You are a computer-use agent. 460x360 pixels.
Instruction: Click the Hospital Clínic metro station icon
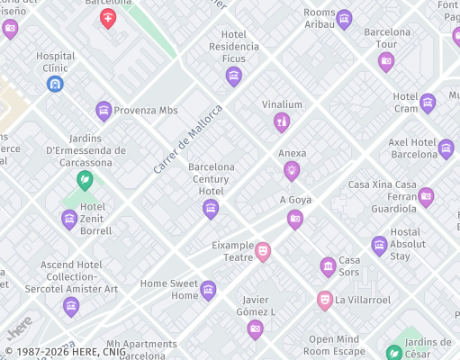tap(55, 84)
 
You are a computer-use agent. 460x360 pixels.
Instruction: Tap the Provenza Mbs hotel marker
tap(104, 111)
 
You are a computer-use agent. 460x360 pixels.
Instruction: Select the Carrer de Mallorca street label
tap(187, 139)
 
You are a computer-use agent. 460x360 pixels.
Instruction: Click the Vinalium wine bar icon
tap(282, 121)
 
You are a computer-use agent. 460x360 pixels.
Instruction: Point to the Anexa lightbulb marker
tap(292, 170)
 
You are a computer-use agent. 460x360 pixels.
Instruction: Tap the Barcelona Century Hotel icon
tap(211, 209)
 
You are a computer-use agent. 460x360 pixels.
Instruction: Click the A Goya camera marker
tap(295, 219)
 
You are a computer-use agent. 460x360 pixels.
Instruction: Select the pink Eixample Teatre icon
tap(262, 251)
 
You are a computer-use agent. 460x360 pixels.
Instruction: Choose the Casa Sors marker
tap(328, 266)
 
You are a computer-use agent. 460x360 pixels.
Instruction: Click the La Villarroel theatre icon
tap(325, 300)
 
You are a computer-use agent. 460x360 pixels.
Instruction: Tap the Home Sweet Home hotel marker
tap(208, 290)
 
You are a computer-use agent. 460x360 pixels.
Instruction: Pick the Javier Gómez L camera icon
tap(256, 329)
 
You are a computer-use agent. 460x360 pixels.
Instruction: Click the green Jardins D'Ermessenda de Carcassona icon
tap(85, 181)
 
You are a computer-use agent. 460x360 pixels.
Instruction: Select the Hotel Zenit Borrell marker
tap(69, 219)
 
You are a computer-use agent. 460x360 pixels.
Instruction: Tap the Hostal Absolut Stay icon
tap(379, 245)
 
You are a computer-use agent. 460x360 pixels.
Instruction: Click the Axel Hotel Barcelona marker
tap(446, 148)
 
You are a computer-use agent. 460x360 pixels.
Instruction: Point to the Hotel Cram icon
tap(428, 103)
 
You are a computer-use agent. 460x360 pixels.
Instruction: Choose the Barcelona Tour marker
tap(386, 61)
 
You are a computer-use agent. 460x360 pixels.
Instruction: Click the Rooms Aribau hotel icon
tap(344, 19)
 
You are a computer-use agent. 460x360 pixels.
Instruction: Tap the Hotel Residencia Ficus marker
tap(234, 76)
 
